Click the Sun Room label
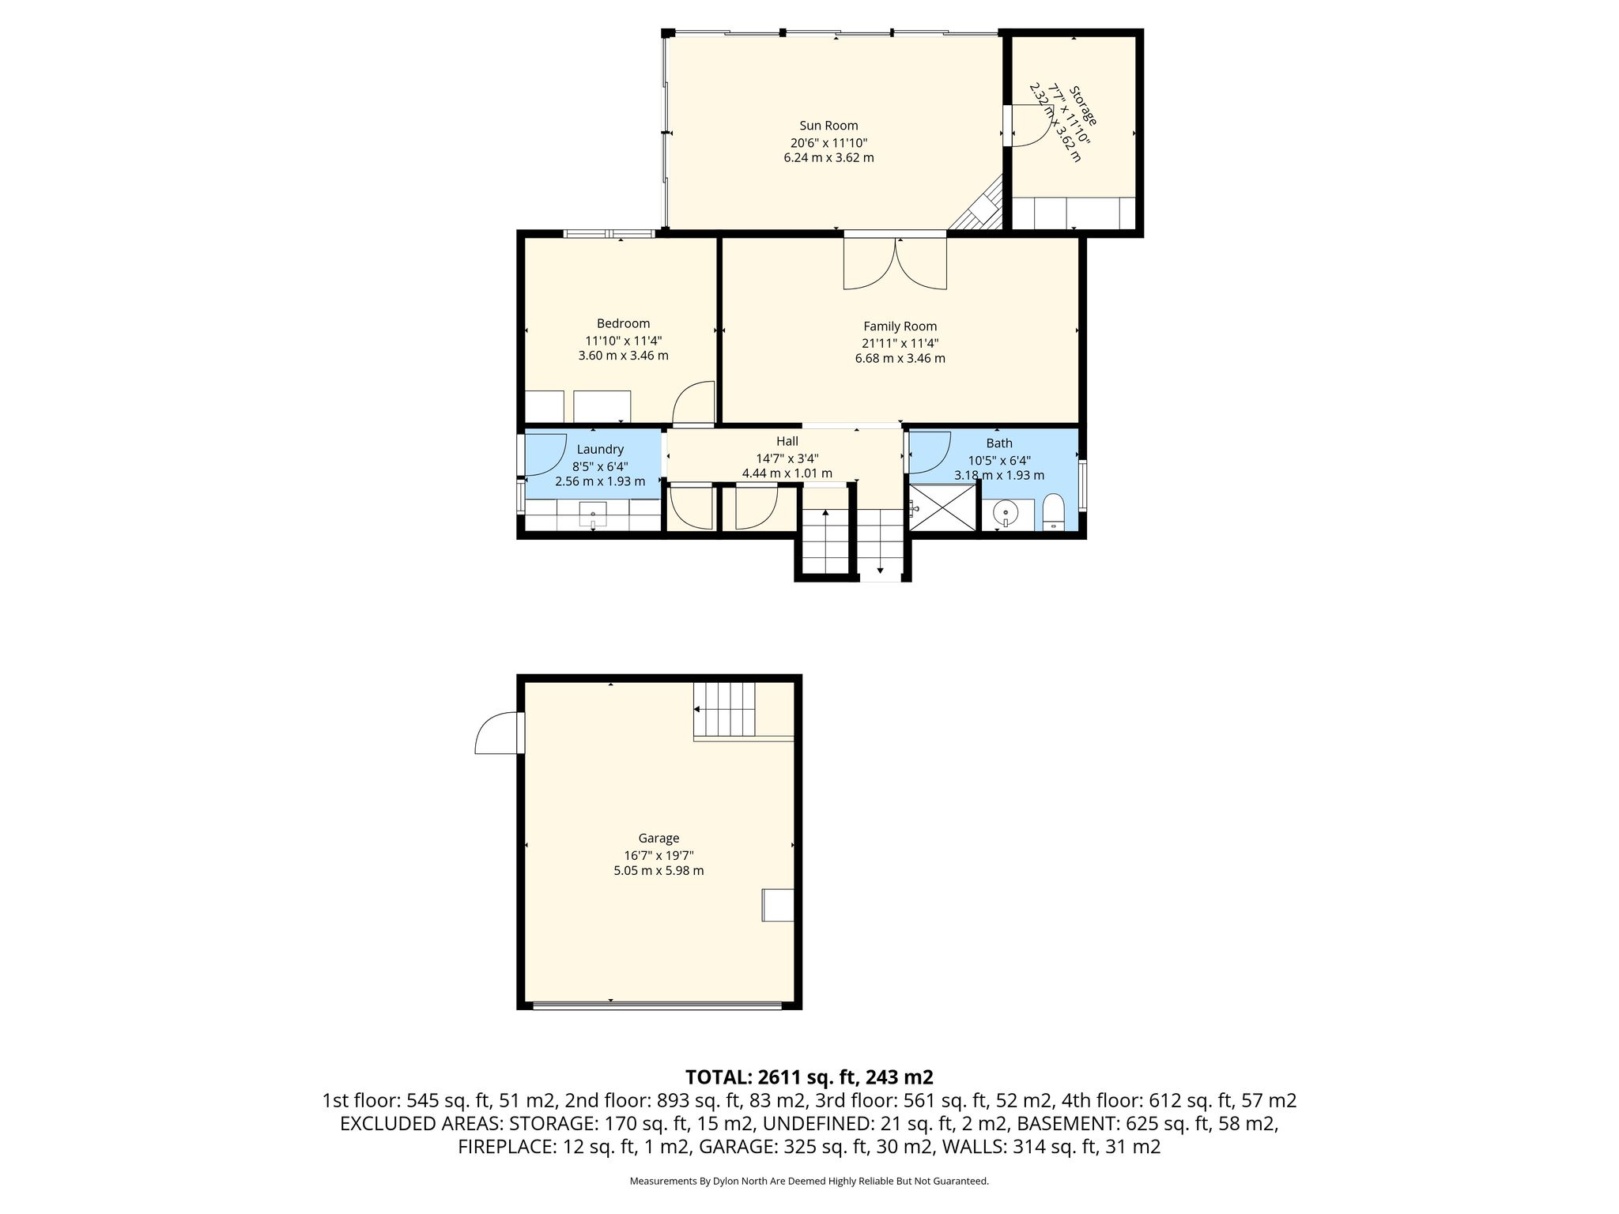[828, 126]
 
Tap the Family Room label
[900, 326]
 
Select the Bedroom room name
[623, 323]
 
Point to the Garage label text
[659, 839]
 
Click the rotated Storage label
[1083, 105]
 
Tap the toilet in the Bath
[1054, 512]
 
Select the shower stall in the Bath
[944, 507]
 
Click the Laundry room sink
[593, 515]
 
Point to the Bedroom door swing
[693, 403]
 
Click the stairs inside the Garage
[724, 709]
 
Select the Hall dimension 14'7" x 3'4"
[787, 458]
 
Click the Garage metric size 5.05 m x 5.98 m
[659, 871]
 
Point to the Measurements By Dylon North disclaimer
[809, 1182]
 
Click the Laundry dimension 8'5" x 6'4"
[600, 466]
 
